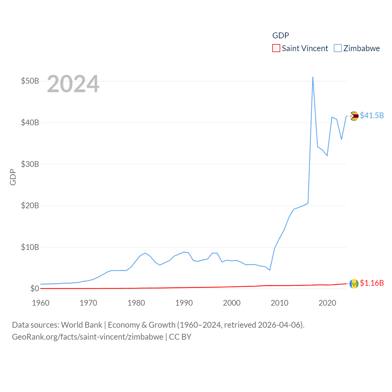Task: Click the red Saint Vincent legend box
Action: click(x=276, y=48)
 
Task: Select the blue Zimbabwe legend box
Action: click(x=338, y=48)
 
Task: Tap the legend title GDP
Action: click(x=281, y=36)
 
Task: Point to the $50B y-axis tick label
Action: click(x=30, y=81)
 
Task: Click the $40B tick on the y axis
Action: click(x=30, y=123)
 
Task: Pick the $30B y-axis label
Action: click(x=30, y=164)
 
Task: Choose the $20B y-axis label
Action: click(x=30, y=205)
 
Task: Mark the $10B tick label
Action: click(x=30, y=247)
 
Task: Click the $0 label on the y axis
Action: click(x=35, y=288)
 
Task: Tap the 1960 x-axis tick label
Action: click(x=41, y=303)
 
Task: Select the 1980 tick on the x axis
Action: click(x=136, y=303)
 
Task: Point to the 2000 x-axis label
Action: click(x=232, y=303)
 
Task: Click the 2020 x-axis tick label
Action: click(x=327, y=303)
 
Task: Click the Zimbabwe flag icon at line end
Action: click(x=354, y=116)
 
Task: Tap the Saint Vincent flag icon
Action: click(x=354, y=284)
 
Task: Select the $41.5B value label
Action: click(x=372, y=115)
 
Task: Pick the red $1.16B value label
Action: click(x=372, y=283)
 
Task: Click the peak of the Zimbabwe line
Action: click(x=313, y=77)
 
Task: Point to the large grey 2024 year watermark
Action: click(x=73, y=84)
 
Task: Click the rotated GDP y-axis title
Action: click(x=13, y=177)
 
